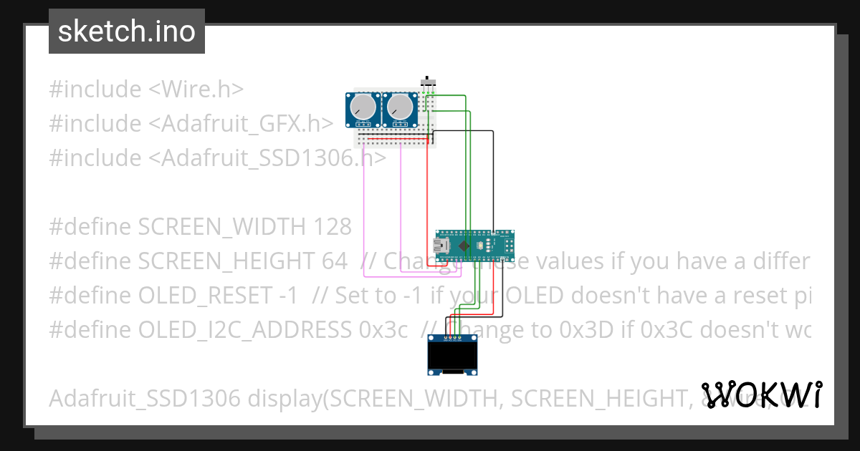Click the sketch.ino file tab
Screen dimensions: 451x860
[126, 31]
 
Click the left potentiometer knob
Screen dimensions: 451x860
[364, 108]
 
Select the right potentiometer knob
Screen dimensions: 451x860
[400, 108]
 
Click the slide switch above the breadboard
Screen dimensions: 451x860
[428, 82]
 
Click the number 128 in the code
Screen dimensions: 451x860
[333, 227]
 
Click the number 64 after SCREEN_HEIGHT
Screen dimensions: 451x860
[335, 261]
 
